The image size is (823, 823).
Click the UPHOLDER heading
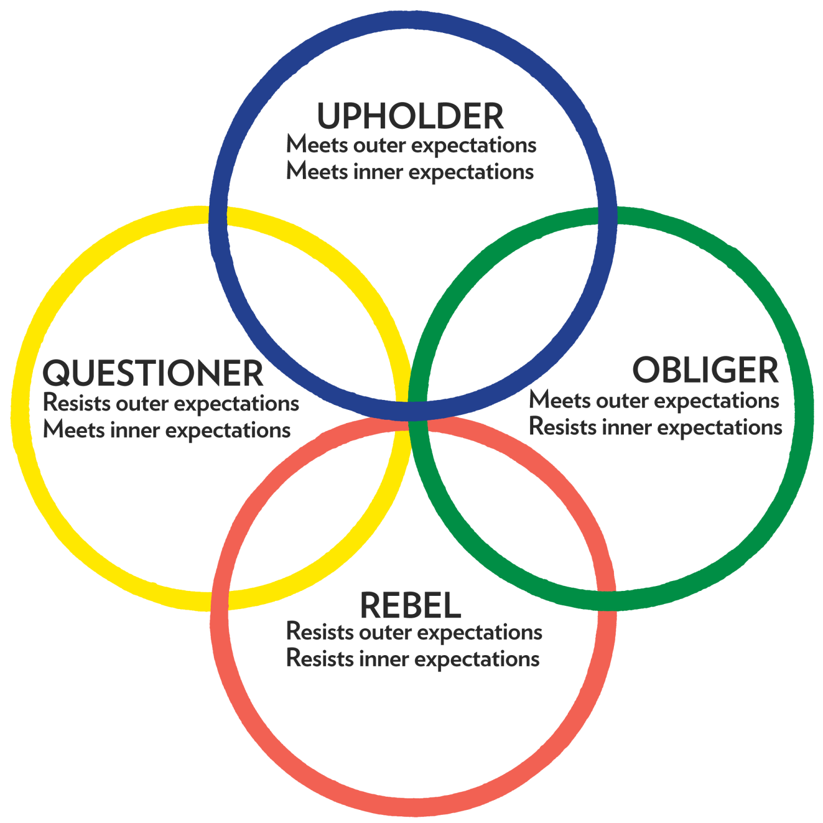click(410, 116)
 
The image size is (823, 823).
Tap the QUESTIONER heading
click(153, 374)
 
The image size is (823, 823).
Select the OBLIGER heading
click(705, 370)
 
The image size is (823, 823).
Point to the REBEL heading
click(410, 606)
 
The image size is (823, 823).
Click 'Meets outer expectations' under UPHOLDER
click(411, 145)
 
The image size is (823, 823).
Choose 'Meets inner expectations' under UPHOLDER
click(410, 172)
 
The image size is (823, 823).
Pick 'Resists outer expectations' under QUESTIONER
click(171, 403)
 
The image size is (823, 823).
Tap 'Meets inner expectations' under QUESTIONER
click(167, 430)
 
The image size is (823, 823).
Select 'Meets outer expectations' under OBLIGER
click(654, 401)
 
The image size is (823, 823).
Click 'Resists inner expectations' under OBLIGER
click(656, 427)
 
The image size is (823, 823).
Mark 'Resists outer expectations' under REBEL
click(414, 633)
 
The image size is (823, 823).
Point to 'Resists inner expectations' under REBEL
click(413, 659)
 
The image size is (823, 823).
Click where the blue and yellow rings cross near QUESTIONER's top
click(219, 216)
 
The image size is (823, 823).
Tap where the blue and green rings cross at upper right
click(607, 216)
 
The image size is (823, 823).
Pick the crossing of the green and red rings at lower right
click(606, 600)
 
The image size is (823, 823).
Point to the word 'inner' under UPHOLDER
click(378, 172)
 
